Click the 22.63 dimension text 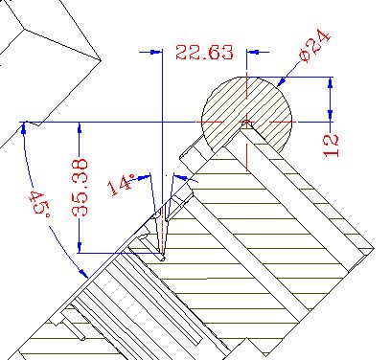click(x=204, y=53)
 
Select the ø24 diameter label click(x=314, y=46)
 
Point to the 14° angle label click(x=121, y=185)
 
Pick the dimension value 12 click(x=331, y=146)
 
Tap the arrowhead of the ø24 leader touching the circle click(x=282, y=81)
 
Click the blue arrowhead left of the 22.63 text click(x=156, y=52)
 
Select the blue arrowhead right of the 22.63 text click(x=253, y=52)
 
